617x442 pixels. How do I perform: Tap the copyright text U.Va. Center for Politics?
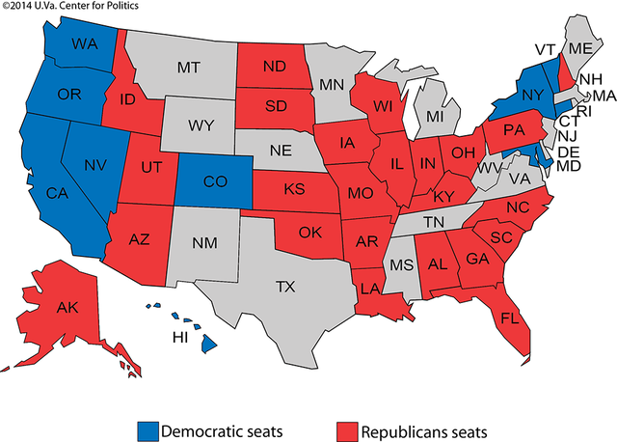[71, 7]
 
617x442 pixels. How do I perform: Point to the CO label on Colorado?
[203, 182]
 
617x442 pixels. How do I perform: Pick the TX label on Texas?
[285, 287]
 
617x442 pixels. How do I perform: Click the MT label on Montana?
[188, 69]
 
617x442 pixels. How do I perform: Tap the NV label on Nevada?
[94, 164]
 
